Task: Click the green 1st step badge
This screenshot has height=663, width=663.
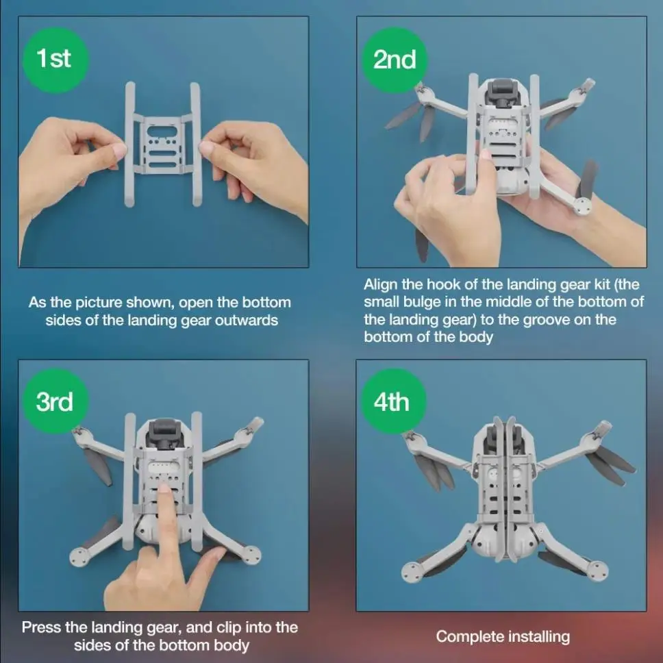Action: point(55,60)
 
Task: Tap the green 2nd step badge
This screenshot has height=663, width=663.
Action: point(394,60)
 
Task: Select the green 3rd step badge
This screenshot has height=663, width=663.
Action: point(55,401)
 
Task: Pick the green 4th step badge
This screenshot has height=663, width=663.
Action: point(393,401)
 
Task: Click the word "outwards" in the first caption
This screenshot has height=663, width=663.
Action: point(247,320)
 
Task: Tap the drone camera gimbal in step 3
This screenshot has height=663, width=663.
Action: point(163,433)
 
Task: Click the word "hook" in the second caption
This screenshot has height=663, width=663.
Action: point(444,284)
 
